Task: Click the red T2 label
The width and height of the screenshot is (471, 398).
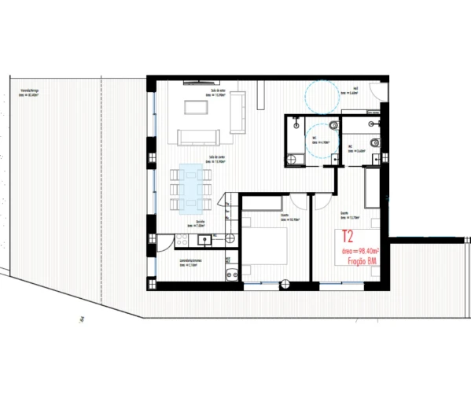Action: coord(348,236)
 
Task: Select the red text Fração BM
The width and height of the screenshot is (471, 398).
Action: coord(359,262)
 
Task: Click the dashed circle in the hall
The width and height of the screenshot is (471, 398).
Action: coord(322,96)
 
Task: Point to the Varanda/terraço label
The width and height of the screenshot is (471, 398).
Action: coord(31,94)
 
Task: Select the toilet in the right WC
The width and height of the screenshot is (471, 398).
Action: coord(376,142)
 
